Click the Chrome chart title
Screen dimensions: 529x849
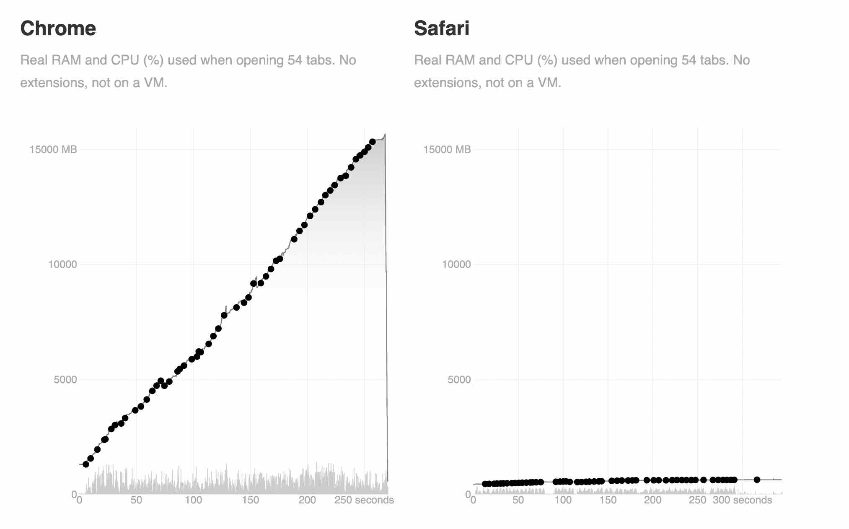pos(58,29)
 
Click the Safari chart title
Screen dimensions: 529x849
pos(442,29)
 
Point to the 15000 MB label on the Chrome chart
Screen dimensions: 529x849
pos(53,150)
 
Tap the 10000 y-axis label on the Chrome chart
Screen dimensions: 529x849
pos(62,264)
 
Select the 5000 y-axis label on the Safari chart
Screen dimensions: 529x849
pos(459,380)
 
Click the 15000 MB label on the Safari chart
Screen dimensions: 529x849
pos(447,150)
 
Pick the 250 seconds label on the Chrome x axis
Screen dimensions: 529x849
pos(364,500)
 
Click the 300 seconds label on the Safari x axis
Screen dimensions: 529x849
pos(742,500)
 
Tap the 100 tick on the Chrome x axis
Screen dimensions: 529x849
pos(193,500)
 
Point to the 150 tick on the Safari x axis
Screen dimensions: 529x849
pos(608,500)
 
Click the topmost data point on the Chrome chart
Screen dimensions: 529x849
pos(373,142)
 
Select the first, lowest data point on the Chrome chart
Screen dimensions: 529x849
pos(86,464)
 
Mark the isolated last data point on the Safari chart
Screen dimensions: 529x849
pos(757,480)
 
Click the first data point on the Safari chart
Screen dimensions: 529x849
pos(485,484)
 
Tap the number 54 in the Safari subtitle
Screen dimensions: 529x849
pos(689,60)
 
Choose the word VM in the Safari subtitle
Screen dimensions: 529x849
pos(549,83)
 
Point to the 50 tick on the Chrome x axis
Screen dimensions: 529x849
pos(136,500)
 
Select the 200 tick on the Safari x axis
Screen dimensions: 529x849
pos(652,500)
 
